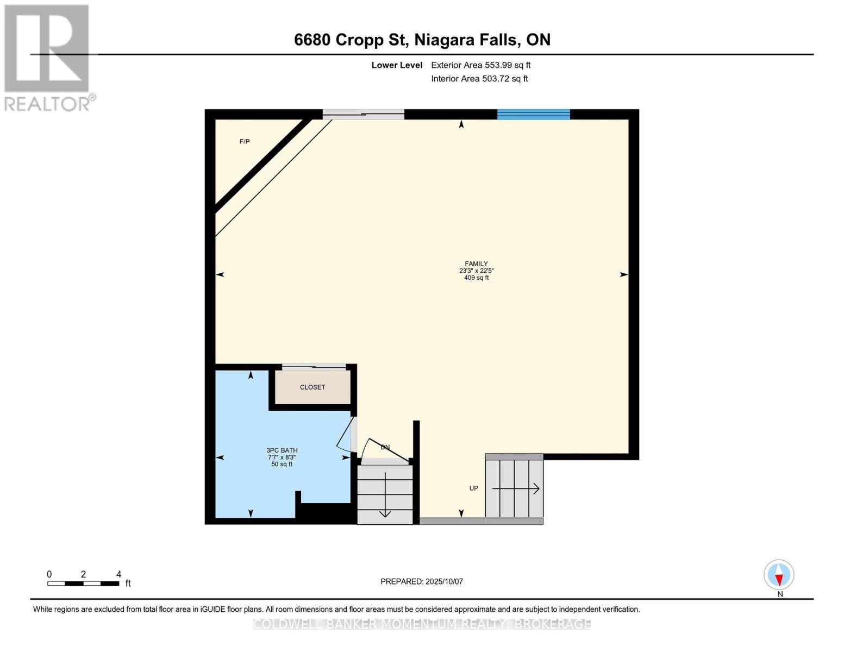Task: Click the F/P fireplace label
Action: (245, 142)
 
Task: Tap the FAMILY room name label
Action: (476, 264)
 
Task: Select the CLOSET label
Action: (312, 387)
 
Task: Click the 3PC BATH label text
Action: (282, 450)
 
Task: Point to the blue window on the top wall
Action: (533, 114)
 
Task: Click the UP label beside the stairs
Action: (474, 488)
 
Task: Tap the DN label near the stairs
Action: (385, 447)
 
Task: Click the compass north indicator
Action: (779, 575)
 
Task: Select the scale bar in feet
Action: (83, 584)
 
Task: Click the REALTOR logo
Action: (48, 57)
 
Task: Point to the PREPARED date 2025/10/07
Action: (422, 581)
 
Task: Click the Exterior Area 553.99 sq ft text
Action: (480, 65)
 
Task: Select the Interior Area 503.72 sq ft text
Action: (479, 79)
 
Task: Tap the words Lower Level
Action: (397, 65)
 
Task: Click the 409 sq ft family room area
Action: (477, 278)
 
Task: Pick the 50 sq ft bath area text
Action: (282, 464)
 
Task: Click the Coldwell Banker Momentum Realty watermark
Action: (422, 624)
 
